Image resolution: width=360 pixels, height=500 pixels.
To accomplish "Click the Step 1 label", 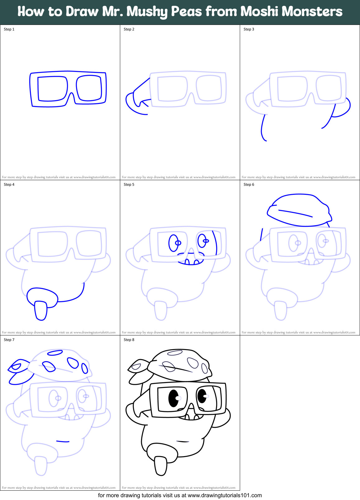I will (x=9, y=29).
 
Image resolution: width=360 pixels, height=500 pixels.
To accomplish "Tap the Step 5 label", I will (x=129, y=185).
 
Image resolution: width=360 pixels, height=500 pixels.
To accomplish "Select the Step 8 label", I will (x=129, y=340).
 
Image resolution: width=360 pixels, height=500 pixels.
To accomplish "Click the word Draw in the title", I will (x=80, y=12).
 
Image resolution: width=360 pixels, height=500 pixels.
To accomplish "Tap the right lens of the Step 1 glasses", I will (x=89, y=88).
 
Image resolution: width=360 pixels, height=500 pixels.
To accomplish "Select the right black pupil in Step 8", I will (x=202, y=396).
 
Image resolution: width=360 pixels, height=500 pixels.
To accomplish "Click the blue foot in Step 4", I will (x=40, y=310).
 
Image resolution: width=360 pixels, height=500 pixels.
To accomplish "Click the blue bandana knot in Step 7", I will (x=19, y=370).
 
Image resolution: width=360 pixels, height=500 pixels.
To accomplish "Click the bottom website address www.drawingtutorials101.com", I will (x=225, y=495).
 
